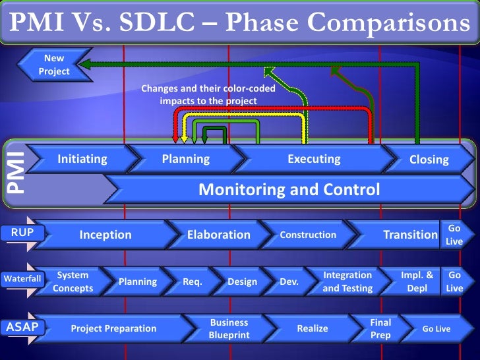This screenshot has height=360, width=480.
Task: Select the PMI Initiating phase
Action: pos(82,159)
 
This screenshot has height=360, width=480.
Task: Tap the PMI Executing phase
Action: pos(314,159)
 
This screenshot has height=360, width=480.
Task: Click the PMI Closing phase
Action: pos(429,160)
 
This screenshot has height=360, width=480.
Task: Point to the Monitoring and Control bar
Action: pos(289,191)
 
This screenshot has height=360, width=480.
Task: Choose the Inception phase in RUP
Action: pos(105,235)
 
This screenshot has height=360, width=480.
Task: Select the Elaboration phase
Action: pos(218,235)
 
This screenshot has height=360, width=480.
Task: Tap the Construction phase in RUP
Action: pos(308,235)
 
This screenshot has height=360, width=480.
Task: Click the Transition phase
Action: pos(409,235)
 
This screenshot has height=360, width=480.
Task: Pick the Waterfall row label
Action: pos(22,279)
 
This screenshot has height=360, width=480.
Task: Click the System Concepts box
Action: pos(73,282)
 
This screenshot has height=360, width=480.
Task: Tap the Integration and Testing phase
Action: pos(347,282)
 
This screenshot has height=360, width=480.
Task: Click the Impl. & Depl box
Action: pos(417,282)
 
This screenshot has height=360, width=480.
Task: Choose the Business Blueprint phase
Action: pos(228,328)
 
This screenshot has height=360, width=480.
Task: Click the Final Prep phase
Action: pos(380,328)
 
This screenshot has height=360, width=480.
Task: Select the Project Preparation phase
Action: pos(113,328)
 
